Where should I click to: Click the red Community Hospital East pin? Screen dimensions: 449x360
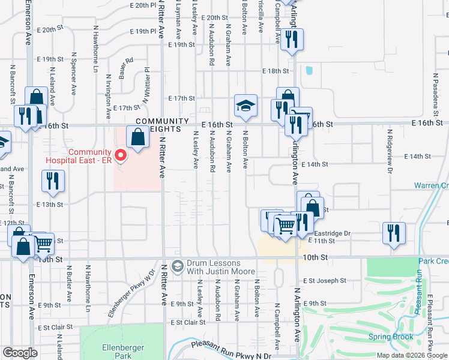click(x=121, y=156)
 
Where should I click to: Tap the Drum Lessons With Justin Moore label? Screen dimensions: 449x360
click(x=214, y=268)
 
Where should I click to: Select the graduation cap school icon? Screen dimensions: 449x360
click(x=245, y=106)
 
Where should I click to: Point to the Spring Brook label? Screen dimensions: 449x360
click(x=391, y=337)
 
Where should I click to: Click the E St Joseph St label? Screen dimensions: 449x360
click(x=324, y=280)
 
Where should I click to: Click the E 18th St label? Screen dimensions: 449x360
click(x=276, y=71)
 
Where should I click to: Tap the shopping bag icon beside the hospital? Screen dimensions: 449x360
click(x=137, y=137)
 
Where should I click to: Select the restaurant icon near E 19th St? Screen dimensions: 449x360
click(x=292, y=40)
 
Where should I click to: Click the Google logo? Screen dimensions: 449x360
click(x=20, y=353)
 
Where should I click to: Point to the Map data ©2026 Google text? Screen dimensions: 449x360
click(x=412, y=355)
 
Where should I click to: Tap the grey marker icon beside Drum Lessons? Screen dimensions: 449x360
click(x=177, y=265)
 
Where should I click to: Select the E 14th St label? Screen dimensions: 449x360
click(x=316, y=164)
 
